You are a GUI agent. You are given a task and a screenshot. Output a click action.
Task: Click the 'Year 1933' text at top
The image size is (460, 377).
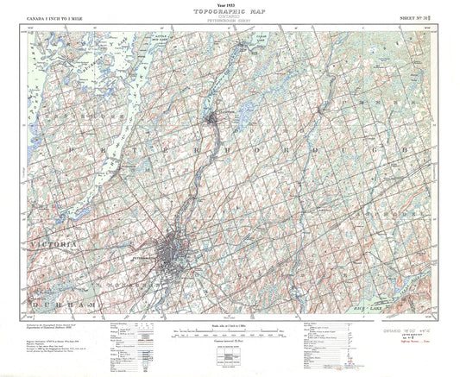tap(230, 3)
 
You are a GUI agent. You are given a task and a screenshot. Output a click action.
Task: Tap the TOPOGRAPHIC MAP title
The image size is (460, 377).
tap(230, 9)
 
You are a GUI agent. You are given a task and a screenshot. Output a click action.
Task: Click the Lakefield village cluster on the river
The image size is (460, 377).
tap(217, 116)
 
